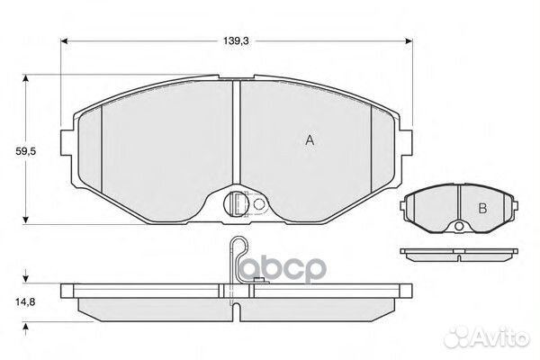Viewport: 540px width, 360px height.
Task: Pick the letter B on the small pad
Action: (x=481, y=209)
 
